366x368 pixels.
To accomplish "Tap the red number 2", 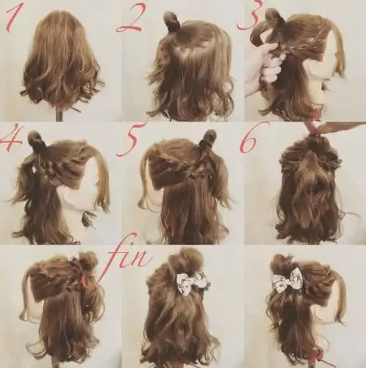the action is pyautogui.click(x=130, y=18).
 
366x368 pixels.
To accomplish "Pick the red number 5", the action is pyautogui.click(x=130, y=140).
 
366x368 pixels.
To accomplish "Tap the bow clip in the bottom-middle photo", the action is pyautogui.click(x=193, y=282).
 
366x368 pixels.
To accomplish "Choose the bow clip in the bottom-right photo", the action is pyautogui.click(x=288, y=280).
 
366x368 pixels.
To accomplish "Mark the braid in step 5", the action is pyautogui.click(x=201, y=166).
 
